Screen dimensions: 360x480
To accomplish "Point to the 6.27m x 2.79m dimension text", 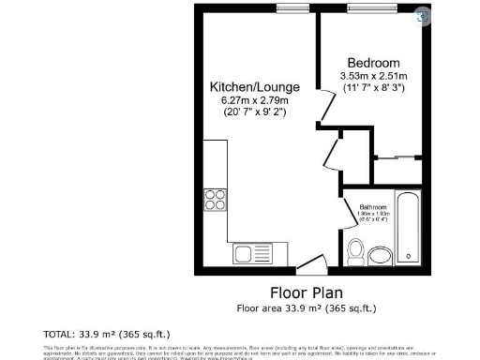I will [248, 99].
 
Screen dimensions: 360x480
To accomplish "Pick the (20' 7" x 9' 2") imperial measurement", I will [248, 112].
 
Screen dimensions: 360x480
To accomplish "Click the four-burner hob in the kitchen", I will [215, 201].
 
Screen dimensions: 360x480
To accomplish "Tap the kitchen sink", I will [249, 253].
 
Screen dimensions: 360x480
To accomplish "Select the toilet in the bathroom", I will [355, 251].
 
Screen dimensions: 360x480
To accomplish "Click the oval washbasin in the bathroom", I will [381, 256].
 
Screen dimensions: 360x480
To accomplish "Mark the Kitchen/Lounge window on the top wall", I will [292, 8].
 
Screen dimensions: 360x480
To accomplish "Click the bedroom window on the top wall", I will [370, 8].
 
